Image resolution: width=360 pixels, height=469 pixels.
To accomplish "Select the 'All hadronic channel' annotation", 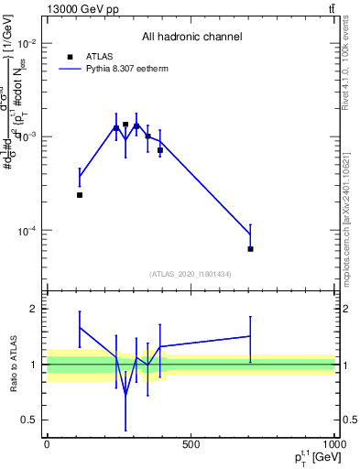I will (191, 37).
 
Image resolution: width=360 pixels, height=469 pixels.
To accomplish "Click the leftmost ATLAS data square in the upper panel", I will (80, 195).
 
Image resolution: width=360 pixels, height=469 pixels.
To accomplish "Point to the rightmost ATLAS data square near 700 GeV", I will (250, 249).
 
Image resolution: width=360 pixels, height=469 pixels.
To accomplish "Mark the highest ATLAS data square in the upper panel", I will (125, 125).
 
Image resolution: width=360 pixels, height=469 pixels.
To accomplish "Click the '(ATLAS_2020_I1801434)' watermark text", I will (191, 274).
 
